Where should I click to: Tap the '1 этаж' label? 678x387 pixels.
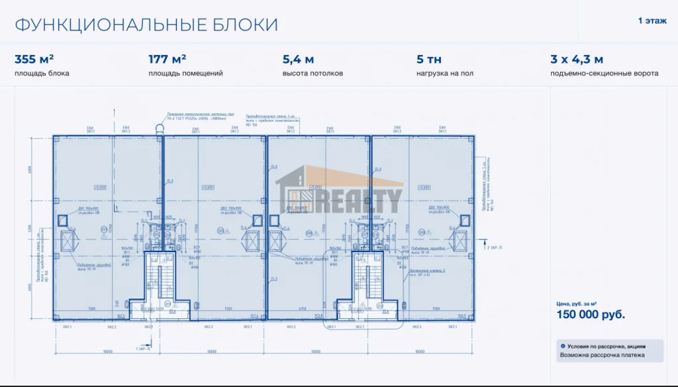[652, 21]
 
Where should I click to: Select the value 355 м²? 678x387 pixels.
[34, 59]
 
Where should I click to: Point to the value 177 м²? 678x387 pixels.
[167, 59]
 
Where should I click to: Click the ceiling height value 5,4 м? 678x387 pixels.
[298, 59]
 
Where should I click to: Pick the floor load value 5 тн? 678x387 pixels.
[429, 59]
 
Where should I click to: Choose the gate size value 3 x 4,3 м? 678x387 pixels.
[577, 59]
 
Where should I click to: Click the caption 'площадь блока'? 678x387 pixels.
[42, 73]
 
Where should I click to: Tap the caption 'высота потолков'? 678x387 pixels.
[313, 73]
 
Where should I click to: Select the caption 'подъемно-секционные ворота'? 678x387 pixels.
[604, 73]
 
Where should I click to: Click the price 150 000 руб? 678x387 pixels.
[591, 315]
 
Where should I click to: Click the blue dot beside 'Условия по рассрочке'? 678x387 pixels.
[563, 346]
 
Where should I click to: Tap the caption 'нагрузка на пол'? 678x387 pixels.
[445, 73]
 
